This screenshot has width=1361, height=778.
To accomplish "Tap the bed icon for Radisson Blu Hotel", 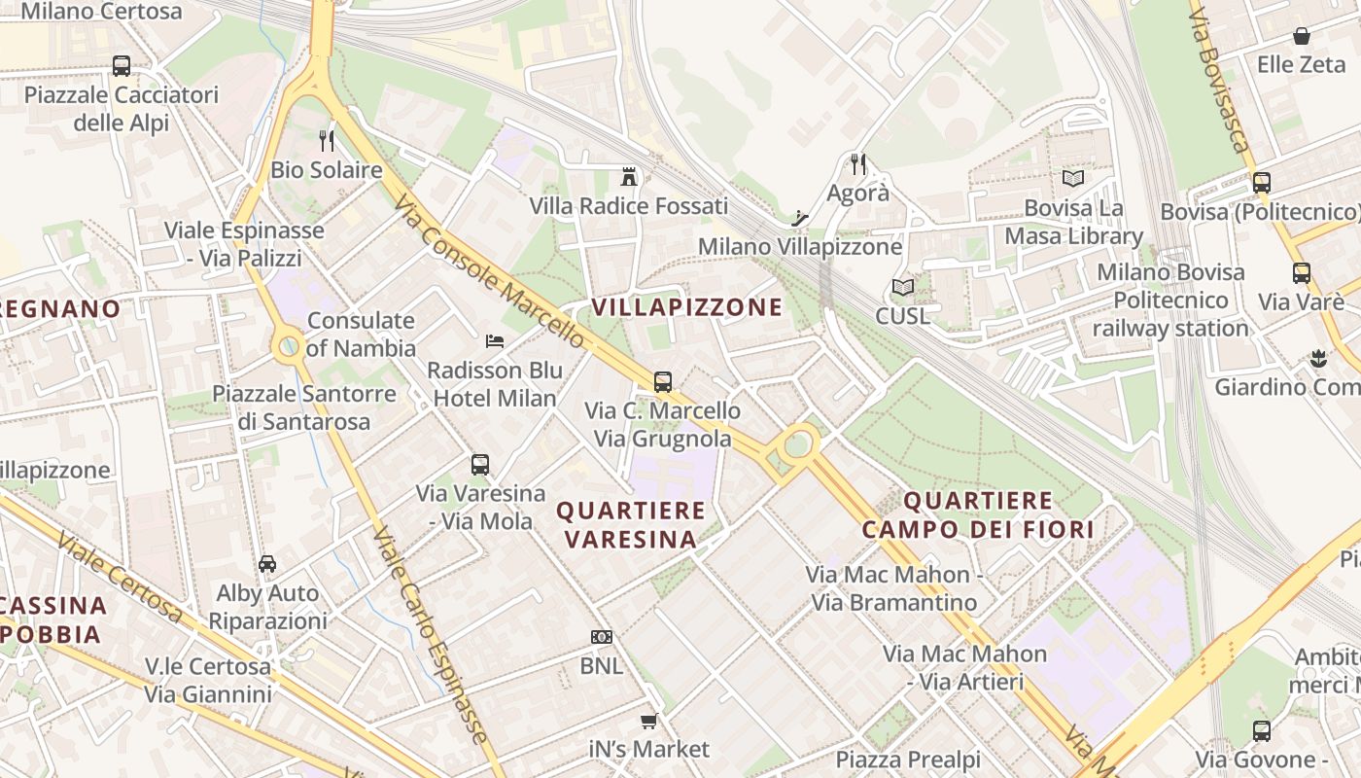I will click(x=495, y=341).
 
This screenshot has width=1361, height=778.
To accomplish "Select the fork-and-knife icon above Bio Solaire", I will click(x=327, y=141).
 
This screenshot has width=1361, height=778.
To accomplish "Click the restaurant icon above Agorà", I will click(x=857, y=163).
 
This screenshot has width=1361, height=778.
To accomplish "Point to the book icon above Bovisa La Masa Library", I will click(x=1073, y=179).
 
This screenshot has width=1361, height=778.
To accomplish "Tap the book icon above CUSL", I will click(x=903, y=288).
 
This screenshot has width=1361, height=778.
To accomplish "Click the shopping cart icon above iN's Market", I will click(x=648, y=721).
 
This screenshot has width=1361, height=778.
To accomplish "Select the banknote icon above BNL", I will click(x=602, y=637).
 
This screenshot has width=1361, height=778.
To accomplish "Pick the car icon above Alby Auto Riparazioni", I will click(x=266, y=564).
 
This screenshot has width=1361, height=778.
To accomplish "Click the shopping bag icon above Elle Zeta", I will click(x=1301, y=37).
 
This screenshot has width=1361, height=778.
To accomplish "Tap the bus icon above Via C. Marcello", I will click(x=663, y=381).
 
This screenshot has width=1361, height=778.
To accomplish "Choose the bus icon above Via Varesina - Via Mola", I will click(x=480, y=465).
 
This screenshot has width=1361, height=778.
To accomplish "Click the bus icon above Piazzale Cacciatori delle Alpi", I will click(x=122, y=66).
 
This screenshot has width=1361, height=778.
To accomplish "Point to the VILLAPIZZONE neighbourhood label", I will click(x=687, y=307).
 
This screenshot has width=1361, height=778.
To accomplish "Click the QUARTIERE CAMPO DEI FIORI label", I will click(x=977, y=515).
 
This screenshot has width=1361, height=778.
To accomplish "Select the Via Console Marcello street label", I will click(x=491, y=271).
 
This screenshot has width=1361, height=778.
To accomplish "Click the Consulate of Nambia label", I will click(x=361, y=335).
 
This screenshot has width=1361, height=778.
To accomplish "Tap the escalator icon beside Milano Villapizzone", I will click(x=800, y=218).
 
